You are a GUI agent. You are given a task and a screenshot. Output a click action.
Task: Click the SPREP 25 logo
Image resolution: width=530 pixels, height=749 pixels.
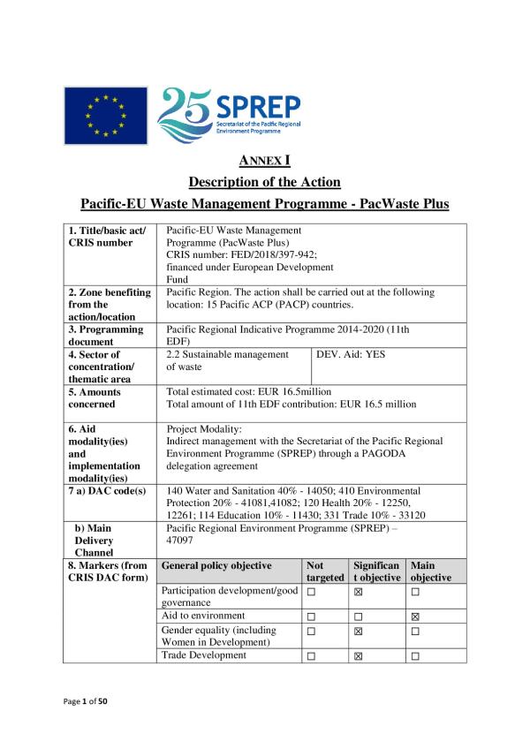coord(228,116)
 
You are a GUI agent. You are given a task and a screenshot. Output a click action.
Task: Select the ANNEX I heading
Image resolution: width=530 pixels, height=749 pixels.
coord(265,161)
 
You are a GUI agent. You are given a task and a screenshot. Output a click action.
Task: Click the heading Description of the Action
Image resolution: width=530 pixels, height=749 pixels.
coord(265,182)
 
